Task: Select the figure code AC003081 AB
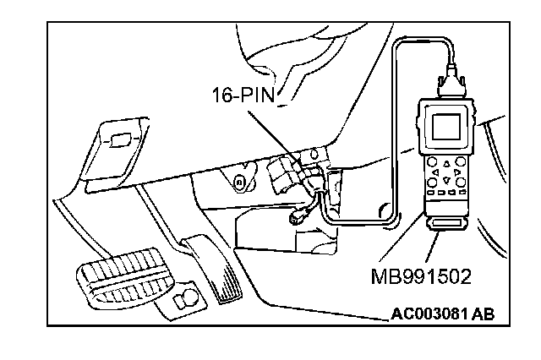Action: point(443,315)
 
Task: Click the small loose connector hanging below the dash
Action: point(298,217)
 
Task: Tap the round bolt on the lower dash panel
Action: point(240,182)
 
